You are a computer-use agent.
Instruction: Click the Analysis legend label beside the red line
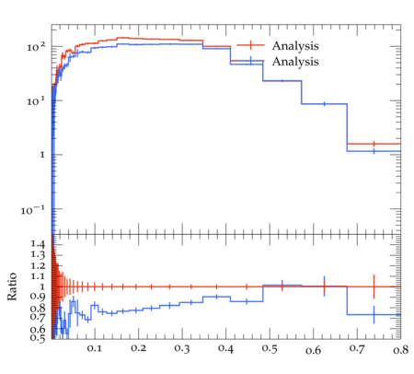(x=295, y=46)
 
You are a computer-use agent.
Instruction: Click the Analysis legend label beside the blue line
(x=295, y=62)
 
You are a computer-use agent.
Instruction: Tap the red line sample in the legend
(x=250, y=45)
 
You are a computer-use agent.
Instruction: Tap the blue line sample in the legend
(x=250, y=61)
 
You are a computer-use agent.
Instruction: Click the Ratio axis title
(x=12, y=286)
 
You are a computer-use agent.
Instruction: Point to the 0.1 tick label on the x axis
(x=95, y=348)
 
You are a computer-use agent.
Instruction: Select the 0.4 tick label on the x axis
(x=225, y=349)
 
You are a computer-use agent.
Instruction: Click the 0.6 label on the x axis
(x=314, y=350)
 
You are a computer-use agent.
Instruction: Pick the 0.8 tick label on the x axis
(x=401, y=350)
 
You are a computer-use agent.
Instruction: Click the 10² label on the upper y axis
(x=36, y=47)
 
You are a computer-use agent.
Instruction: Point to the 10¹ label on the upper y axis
(x=36, y=101)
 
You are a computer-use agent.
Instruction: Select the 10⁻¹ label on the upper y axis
(x=33, y=210)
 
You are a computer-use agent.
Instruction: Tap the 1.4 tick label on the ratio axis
(x=38, y=244)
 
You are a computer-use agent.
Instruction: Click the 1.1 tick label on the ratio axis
(x=38, y=276)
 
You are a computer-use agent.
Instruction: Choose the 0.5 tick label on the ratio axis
(x=38, y=338)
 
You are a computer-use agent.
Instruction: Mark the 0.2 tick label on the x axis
(x=138, y=348)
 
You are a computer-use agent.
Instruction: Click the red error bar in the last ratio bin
(x=374, y=286)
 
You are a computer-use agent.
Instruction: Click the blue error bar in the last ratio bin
(x=374, y=314)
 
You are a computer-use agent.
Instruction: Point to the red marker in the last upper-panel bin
(x=374, y=144)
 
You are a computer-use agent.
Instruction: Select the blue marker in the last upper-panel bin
(x=374, y=151)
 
